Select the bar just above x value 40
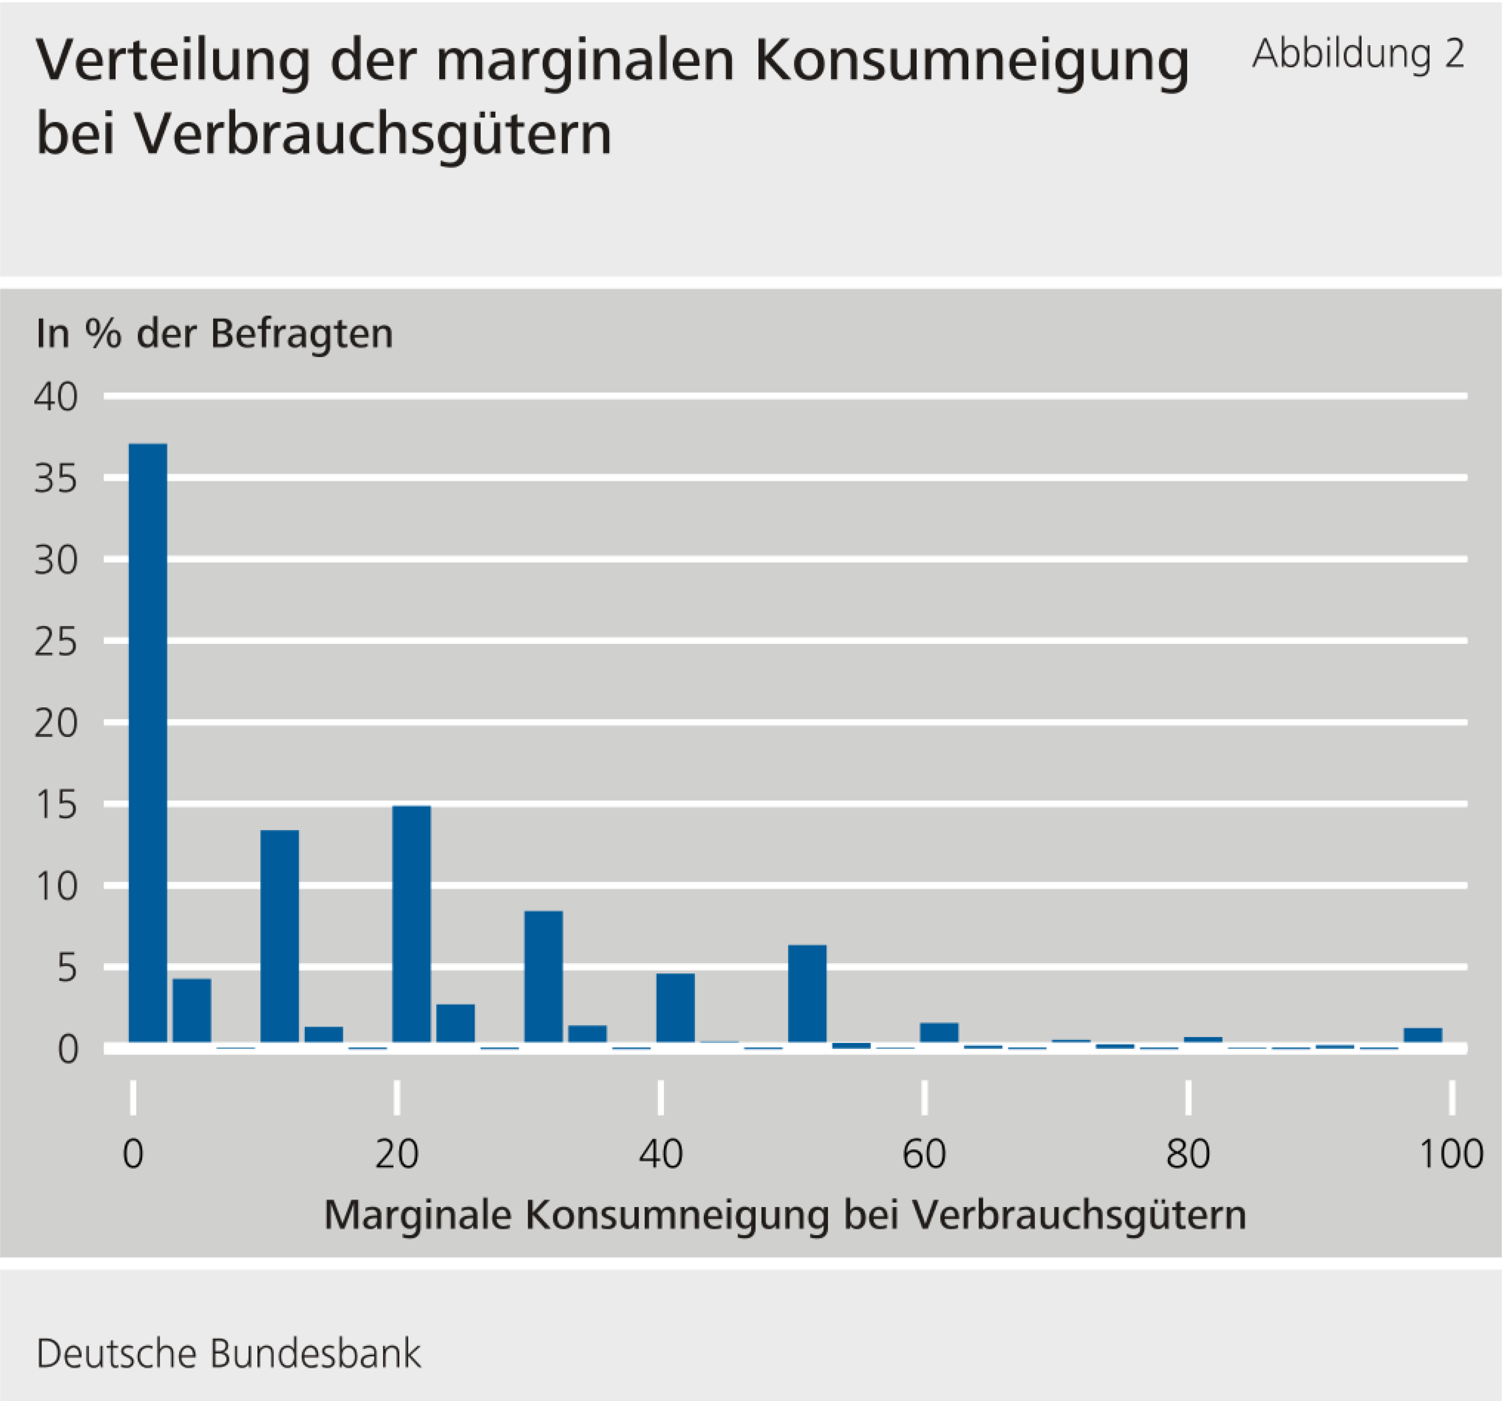pyautogui.click(x=675, y=1007)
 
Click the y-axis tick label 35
pyautogui.click(x=56, y=479)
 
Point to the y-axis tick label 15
pyautogui.click(x=56, y=806)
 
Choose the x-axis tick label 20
pyautogui.click(x=397, y=1155)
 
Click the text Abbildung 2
pyautogui.click(x=1358, y=55)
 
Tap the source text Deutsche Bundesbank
pyautogui.click(x=228, y=1353)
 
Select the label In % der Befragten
pyautogui.click(x=215, y=333)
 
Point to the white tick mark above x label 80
pyautogui.click(x=1188, y=1097)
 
